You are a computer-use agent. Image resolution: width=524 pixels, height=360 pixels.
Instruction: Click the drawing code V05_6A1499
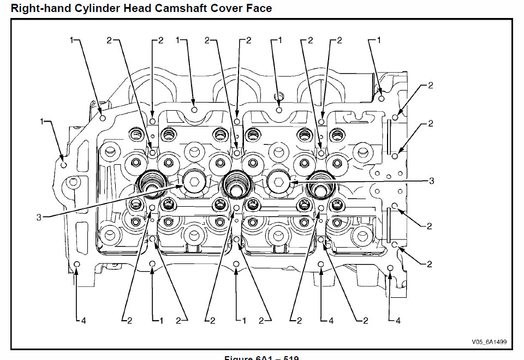(489, 343)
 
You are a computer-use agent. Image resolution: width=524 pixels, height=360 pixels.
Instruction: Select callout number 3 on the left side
(39, 217)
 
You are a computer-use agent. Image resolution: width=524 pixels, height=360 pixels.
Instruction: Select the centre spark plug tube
(236, 184)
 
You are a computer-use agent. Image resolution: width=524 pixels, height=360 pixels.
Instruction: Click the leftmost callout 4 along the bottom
(83, 321)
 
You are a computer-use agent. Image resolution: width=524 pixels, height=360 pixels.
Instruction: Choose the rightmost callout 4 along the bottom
(397, 321)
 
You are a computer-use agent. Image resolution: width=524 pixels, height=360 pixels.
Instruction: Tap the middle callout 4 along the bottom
(331, 321)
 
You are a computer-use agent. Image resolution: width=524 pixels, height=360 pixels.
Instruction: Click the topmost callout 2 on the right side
(430, 86)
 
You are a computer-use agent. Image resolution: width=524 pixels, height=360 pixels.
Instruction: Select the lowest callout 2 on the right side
(429, 264)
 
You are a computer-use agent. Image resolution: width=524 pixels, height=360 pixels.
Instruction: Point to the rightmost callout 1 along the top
(378, 40)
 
